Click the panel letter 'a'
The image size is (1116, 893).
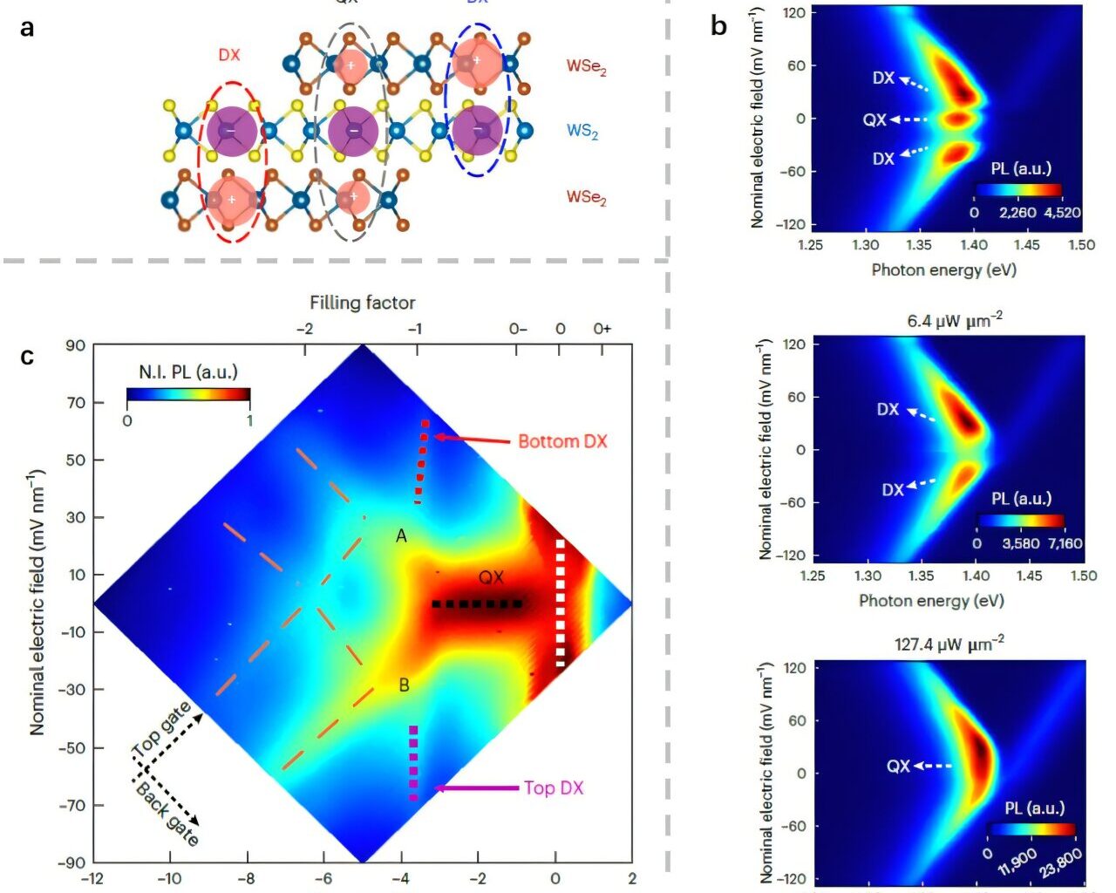pos(28,28)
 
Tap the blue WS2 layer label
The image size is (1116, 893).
pos(582,132)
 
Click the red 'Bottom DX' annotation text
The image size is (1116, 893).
pos(562,441)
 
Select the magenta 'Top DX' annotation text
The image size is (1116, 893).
pos(554,788)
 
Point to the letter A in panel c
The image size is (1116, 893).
pos(401,536)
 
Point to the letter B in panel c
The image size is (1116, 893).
pos(404,685)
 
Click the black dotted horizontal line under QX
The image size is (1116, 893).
pos(477,603)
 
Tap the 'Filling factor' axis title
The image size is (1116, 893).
pos(362,303)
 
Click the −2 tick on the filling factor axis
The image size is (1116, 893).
pos(304,329)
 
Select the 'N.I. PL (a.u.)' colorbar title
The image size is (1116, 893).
pos(188,372)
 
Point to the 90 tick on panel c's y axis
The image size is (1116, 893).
pos(76,345)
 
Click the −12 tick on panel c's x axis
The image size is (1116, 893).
pos(92,879)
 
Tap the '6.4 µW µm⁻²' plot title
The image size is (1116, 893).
pos(955,321)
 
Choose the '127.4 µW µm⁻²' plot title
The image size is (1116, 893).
pos(949,644)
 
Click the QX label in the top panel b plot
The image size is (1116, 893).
pos(874,119)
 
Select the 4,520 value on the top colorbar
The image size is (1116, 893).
pos(1062,213)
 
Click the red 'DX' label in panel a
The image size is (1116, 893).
pos(229,55)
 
